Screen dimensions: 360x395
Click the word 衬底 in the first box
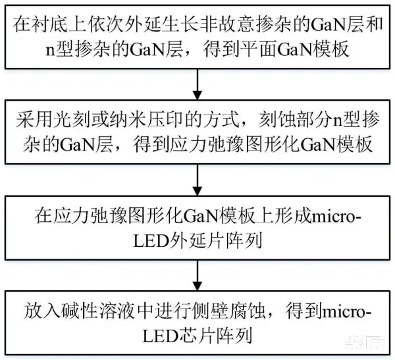coord(51,27)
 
